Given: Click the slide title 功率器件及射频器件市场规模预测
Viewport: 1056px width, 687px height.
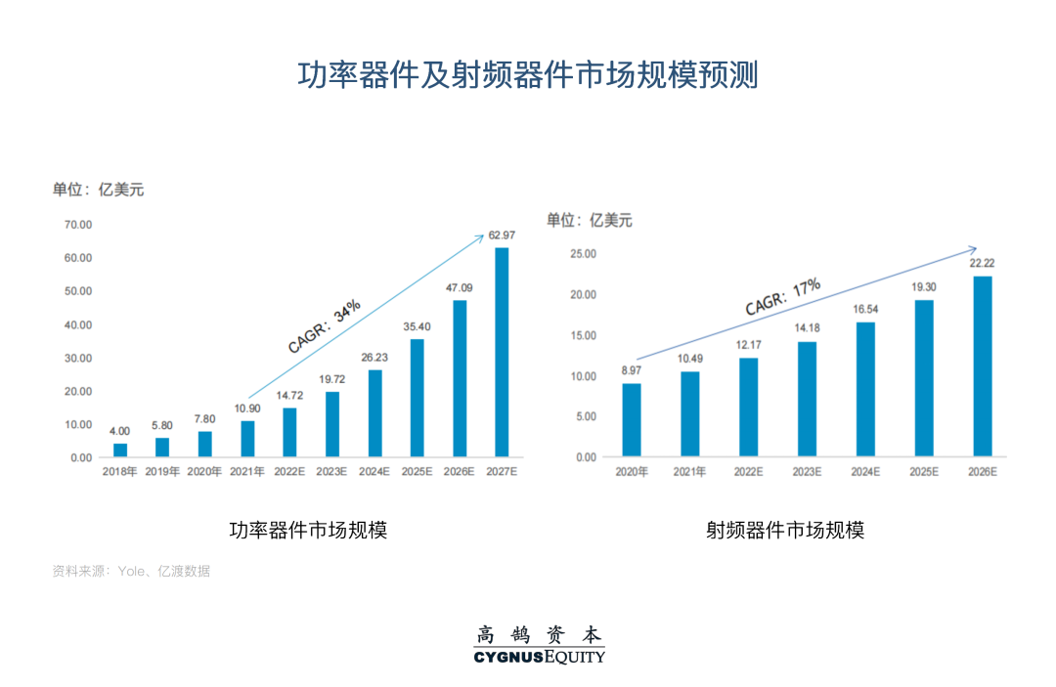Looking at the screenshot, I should click(528, 75).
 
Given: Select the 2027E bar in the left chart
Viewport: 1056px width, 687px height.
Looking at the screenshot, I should click(502, 352).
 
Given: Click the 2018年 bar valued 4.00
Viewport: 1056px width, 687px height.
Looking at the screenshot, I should click(120, 451).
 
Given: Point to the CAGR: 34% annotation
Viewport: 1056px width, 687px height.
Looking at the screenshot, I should click(325, 325).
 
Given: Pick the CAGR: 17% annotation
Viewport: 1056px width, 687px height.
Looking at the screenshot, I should click(782, 297).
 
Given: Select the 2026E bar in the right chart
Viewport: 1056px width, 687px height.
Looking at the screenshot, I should click(982, 366).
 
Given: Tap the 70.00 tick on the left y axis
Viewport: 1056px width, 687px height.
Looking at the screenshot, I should click(77, 225).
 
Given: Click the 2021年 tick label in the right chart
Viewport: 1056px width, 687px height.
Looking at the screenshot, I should click(690, 472).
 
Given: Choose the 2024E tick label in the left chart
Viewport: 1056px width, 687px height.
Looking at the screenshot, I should click(374, 472).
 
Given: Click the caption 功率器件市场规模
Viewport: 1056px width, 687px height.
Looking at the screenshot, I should click(308, 530).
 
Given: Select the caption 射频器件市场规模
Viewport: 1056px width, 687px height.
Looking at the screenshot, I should click(786, 530).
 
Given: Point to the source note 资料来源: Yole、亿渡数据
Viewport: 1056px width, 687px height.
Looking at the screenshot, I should click(131, 571).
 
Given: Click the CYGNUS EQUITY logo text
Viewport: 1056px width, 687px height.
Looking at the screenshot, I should click(540, 657).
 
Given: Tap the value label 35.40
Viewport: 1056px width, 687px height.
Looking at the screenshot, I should click(417, 326).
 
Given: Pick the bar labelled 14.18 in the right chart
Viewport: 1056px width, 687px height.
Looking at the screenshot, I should click(807, 399).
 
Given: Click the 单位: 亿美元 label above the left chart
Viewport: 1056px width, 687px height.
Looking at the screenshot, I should click(98, 190).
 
